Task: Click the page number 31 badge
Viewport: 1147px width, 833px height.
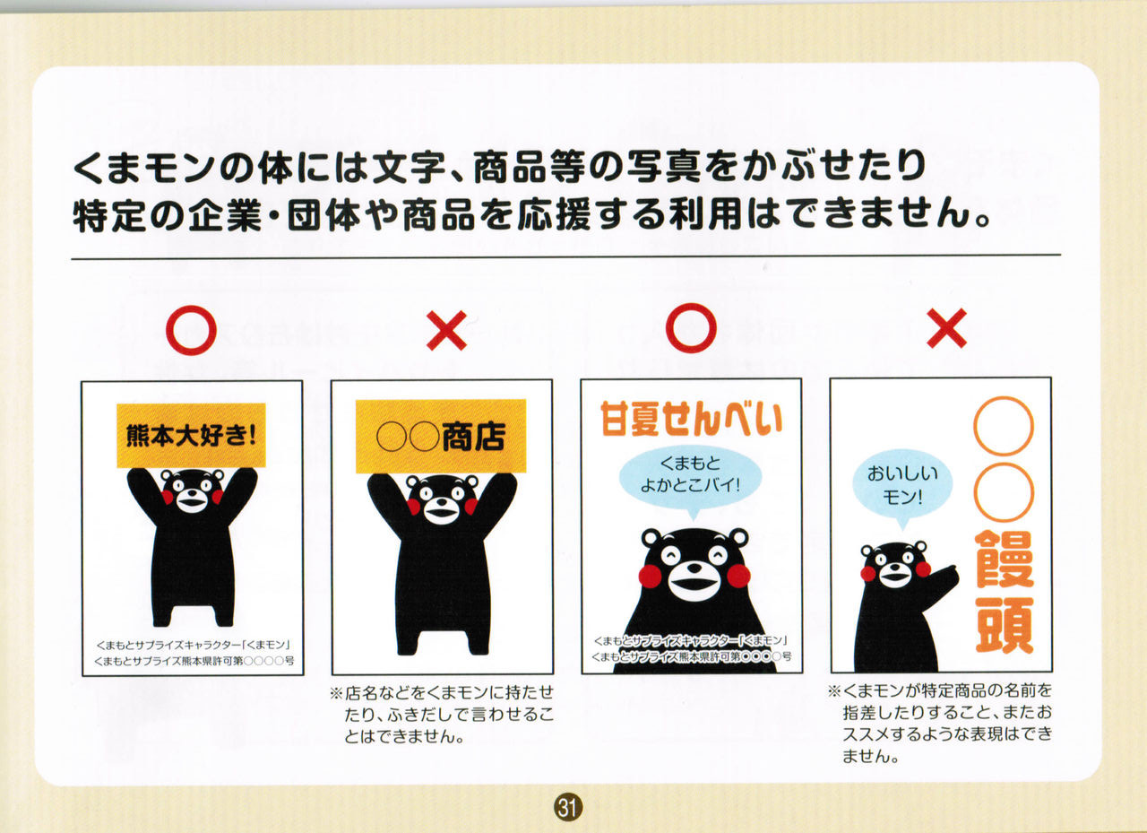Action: tap(568, 809)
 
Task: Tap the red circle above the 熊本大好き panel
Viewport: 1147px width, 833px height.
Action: tap(191, 308)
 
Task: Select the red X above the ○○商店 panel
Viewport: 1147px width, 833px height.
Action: tap(446, 331)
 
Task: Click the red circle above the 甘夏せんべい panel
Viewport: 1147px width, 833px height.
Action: tap(691, 307)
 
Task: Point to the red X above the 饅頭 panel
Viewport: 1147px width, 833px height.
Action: tap(947, 328)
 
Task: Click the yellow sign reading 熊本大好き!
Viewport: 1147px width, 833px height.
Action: tap(191, 436)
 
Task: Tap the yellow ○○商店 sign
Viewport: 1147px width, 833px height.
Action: tap(441, 436)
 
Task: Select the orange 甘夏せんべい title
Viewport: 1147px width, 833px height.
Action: tap(691, 419)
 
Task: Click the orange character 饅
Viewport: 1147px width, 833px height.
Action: tap(1004, 560)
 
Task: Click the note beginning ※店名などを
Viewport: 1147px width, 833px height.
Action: tap(442, 716)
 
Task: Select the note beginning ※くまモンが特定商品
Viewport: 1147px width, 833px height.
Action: tap(941, 725)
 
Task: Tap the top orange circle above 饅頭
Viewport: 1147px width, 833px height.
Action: tap(1004, 426)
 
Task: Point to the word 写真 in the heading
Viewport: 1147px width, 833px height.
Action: tap(663, 167)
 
